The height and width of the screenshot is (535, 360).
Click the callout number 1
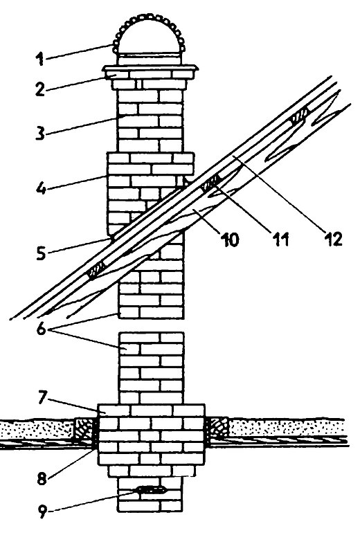pos(40,59)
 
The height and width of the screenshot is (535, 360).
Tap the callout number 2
pos(40,89)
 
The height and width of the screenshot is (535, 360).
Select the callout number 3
pos(40,133)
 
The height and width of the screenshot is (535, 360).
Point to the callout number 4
pos(41,188)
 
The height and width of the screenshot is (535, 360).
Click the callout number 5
pos(41,253)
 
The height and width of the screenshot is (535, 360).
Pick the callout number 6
pos(41,329)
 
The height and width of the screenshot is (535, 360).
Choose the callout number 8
pos(42,478)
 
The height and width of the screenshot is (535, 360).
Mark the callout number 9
pos(42,511)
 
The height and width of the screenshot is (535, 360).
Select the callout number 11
pos(280,240)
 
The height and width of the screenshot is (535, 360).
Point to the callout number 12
pos(333,240)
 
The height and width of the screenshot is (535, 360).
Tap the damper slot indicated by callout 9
pos(151,490)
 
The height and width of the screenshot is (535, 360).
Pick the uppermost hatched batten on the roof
pos(300,115)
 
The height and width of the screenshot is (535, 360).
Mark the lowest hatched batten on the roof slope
pos(97,271)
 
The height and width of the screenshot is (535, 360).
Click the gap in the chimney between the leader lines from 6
pos(151,325)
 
